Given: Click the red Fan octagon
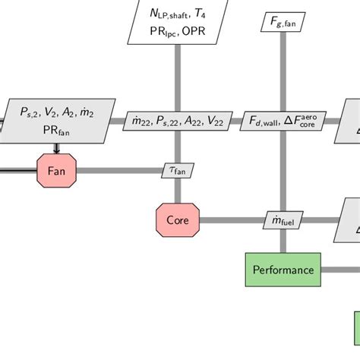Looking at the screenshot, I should (x=57, y=170).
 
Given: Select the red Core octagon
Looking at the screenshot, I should (x=177, y=220).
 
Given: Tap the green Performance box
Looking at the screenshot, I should (x=283, y=270).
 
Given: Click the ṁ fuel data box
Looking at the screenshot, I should (x=283, y=221).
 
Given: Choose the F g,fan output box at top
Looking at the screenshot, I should (x=283, y=24).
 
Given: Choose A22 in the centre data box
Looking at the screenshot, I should (x=193, y=120).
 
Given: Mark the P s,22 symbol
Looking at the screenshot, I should (x=167, y=120).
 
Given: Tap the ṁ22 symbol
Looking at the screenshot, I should (x=141, y=120).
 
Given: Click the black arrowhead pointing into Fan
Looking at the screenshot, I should (x=57, y=150).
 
